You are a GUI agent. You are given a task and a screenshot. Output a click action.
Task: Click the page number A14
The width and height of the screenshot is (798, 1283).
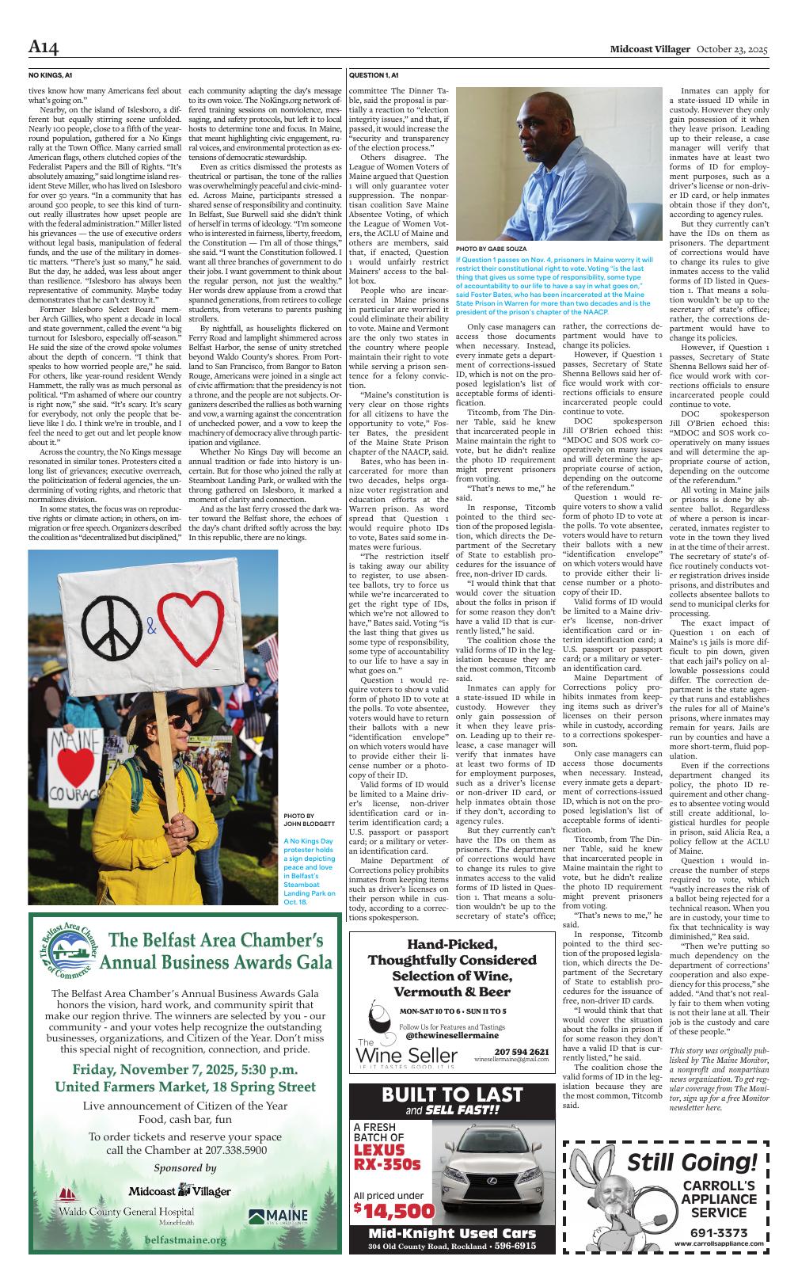pyautogui.click(x=44, y=49)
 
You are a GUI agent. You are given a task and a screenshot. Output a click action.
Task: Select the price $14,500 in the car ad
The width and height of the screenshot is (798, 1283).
pyautogui.click(x=394, y=1211)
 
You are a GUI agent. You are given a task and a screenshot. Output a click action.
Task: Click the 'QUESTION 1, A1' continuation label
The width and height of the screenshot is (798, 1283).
pyautogui.click(x=374, y=75)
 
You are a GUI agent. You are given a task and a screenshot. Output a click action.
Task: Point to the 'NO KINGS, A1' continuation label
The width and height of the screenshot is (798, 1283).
pyautogui.click(x=50, y=75)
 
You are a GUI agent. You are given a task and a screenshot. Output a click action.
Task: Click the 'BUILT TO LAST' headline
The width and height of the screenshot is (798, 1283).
pyautogui.click(x=451, y=1095)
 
